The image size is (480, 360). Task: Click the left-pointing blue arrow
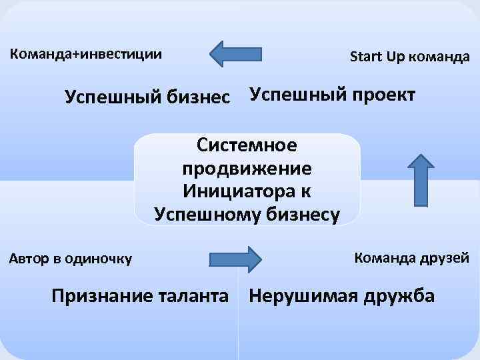tap(235, 53)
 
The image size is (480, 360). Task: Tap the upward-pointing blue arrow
tap(420, 179)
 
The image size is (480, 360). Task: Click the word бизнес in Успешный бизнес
tap(203, 97)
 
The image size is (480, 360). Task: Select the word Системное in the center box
tap(247, 145)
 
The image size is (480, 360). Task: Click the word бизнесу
tap(303, 214)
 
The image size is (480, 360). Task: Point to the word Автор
tap(29, 258)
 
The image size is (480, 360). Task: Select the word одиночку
tap(98, 258)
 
